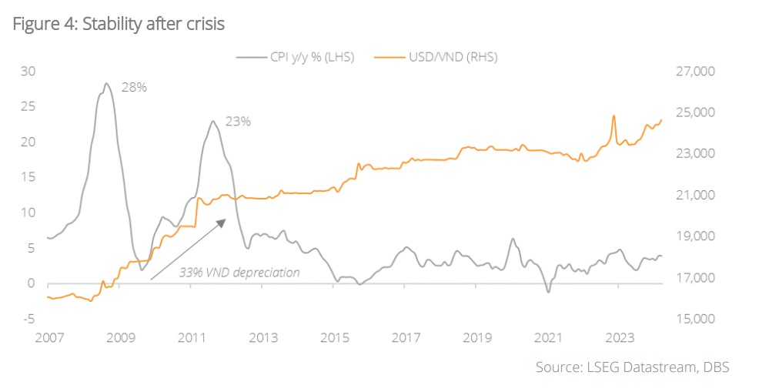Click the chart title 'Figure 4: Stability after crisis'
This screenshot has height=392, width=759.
[x=119, y=25]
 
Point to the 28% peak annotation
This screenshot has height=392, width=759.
[x=134, y=87]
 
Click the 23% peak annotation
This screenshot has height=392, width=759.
[x=238, y=121]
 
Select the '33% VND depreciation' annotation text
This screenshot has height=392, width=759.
[x=239, y=272]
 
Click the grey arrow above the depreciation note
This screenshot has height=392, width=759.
[x=188, y=248]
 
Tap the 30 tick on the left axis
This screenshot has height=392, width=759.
[x=28, y=72]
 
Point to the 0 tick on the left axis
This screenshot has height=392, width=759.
[x=32, y=283]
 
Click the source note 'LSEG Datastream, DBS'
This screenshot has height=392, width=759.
[x=632, y=367]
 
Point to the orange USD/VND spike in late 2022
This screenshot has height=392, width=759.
[x=614, y=116]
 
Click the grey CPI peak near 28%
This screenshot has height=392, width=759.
[x=106, y=84]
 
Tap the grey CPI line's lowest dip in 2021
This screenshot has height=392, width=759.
[x=548, y=292]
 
